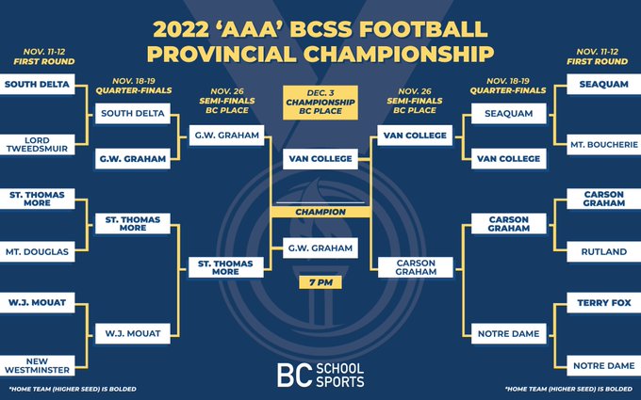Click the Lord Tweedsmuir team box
37,145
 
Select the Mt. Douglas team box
37,252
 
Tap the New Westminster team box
37,366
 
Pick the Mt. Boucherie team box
604,145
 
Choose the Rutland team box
604,252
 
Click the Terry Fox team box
604,303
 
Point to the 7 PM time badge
320,282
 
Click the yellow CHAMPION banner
320,212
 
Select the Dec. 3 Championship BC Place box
320,103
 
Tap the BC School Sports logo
320,376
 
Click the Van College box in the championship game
320,159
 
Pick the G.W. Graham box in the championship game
320,248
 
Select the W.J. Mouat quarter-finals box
133,333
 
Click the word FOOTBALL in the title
424,29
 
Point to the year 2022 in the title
183,29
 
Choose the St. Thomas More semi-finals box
226,267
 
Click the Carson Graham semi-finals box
416,267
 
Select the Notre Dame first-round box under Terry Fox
604,366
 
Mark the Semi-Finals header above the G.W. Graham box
227,101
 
